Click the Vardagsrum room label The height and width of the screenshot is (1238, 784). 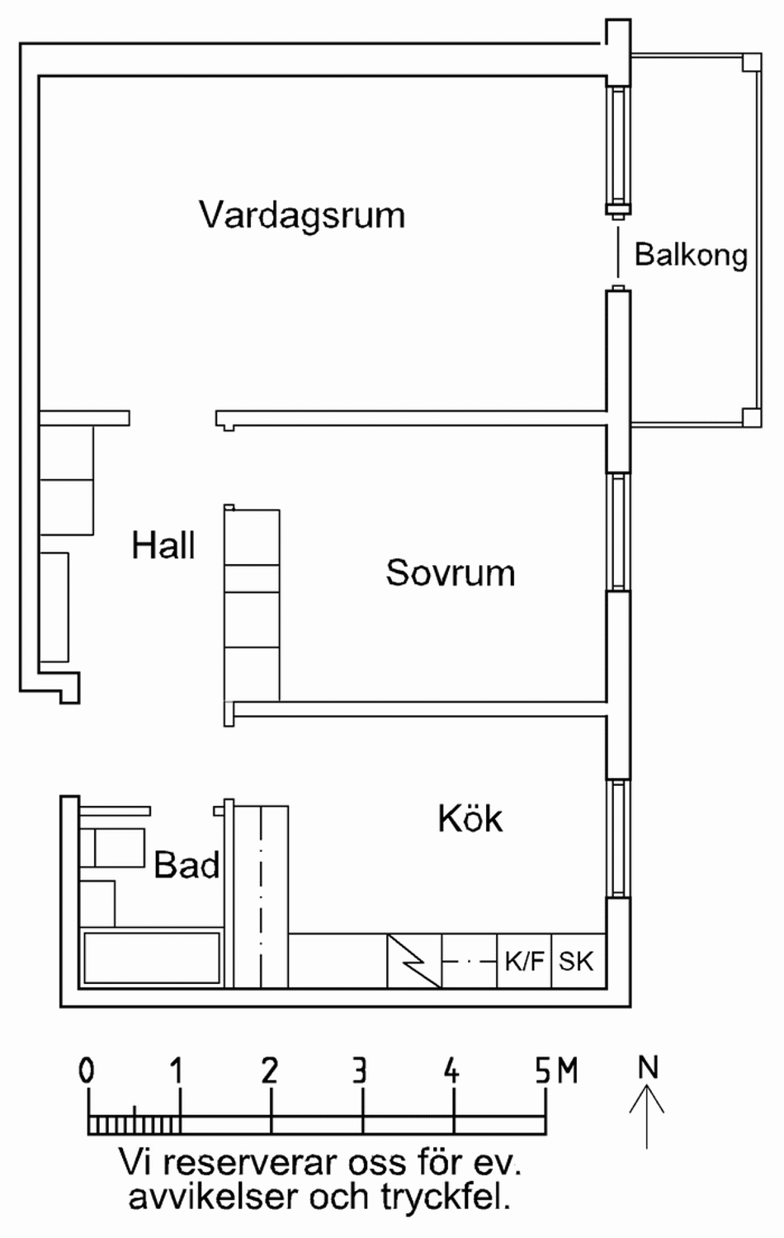302,215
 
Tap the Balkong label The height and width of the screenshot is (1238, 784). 691,255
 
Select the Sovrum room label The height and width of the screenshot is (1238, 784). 450,572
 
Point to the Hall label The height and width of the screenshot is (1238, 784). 163,546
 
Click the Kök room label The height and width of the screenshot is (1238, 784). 470,819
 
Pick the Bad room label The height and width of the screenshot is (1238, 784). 187,865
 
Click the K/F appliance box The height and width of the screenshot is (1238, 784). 524,961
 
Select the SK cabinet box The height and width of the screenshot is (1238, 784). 576,961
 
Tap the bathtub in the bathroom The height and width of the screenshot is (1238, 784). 152,958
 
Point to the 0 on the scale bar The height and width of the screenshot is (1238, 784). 87,1071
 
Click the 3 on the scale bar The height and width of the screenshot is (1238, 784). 360,1071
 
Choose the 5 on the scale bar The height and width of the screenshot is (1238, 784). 541,1071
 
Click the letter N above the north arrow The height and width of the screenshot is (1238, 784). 648,1068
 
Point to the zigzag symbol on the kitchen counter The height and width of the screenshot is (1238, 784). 414,961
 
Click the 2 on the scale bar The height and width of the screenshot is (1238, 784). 269,1071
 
